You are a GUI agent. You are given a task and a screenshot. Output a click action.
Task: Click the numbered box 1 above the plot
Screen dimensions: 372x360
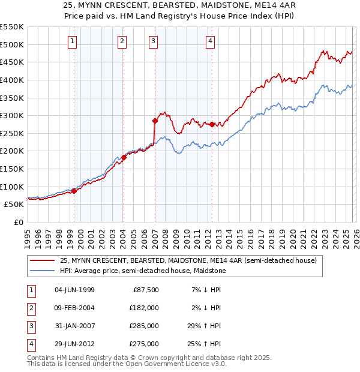[72, 41]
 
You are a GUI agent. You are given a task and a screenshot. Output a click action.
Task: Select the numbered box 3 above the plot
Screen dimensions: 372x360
[154, 41]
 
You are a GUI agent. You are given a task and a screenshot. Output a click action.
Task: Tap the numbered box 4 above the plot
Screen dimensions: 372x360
[211, 41]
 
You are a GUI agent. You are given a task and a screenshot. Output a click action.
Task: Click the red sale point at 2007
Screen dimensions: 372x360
[155, 121]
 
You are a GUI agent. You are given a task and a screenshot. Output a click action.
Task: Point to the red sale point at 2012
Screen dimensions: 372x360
[212, 124]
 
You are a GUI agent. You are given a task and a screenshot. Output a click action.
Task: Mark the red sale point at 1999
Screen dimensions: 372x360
[74, 191]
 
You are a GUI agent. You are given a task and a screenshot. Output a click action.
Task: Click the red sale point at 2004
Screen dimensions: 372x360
[124, 157]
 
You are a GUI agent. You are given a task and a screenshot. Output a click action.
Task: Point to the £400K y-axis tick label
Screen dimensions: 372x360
[12, 80]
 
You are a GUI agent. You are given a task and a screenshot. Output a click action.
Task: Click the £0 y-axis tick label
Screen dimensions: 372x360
[18, 222]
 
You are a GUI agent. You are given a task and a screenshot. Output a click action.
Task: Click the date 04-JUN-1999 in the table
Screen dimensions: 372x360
[74, 290]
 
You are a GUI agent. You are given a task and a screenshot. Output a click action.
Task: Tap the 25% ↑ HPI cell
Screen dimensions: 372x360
[204, 344]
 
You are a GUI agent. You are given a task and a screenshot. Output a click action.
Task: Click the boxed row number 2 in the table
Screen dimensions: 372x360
[29, 308]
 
